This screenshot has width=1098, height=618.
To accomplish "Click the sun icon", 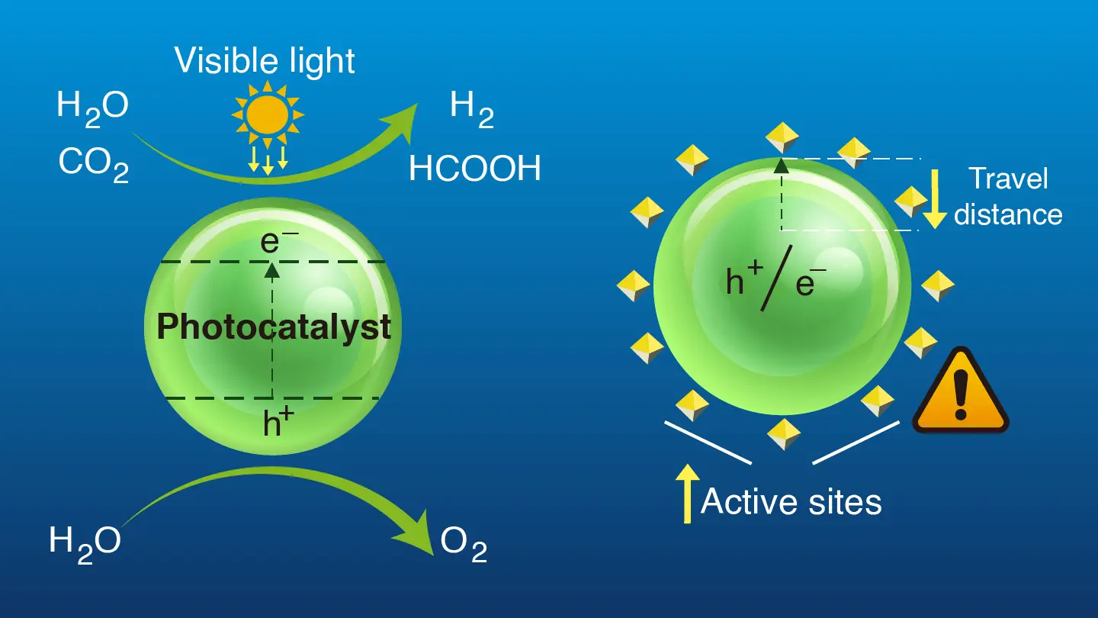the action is pos(268,114).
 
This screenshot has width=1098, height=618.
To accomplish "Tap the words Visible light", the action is pos(265,61).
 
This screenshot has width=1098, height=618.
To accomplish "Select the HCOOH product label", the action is pos(475,168).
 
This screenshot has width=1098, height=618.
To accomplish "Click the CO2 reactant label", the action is pos(94,165).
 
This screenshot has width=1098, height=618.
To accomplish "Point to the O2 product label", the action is pos(464,545).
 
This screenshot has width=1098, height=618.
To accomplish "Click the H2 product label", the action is pos(471,110).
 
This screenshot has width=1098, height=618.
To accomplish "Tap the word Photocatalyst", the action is pos(274,328).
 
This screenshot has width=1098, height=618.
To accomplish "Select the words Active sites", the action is pos(791,502).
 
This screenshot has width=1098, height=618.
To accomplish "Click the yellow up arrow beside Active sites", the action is pos(687,494).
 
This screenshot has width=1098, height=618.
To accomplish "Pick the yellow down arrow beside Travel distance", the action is pos(935,199).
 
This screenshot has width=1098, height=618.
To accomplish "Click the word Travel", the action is pos(1009,178).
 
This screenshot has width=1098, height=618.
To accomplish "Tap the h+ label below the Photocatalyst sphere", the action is pos(278,422).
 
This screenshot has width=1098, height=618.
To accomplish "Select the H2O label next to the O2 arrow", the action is pos(85,545).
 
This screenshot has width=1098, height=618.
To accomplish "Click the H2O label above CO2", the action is pos(93,109).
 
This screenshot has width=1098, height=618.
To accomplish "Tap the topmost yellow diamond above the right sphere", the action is pos(782,137).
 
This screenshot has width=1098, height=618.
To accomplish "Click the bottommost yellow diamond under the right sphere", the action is pos(783,434).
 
